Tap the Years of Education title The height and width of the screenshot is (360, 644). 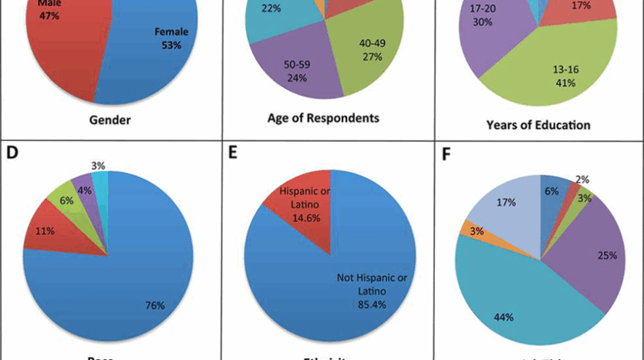pyautogui.click(x=538, y=124)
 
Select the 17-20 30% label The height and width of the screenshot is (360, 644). pyautogui.click(x=484, y=15)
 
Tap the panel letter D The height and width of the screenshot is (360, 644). pyautogui.click(x=12, y=151)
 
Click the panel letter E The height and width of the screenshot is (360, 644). pyautogui.click(x=233, y=151)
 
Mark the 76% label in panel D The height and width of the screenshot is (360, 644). pyautogui.click(x=155, y=305)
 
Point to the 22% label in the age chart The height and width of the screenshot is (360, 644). pyautogui.click(x=271, y=8)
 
